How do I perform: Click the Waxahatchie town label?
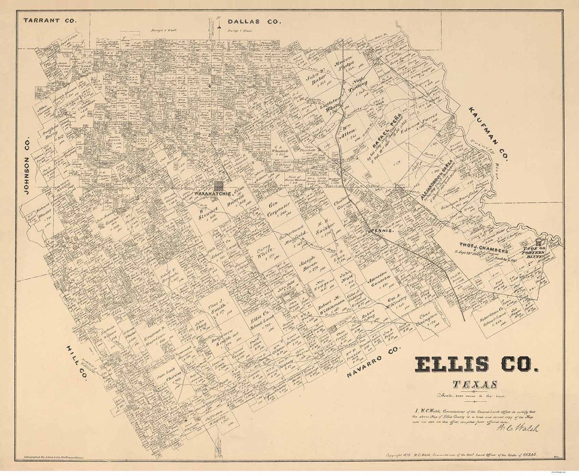[212, 193]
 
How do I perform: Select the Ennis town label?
[383, 230]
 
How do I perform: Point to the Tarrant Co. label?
[50, 20]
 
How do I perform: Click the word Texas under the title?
[474, 384]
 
